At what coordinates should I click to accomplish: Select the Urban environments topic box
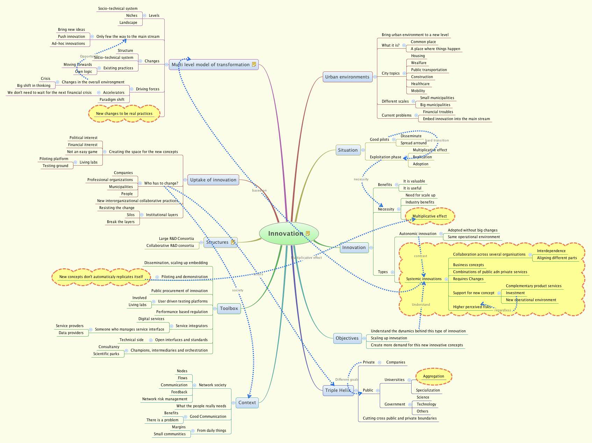click(x=347, y=77)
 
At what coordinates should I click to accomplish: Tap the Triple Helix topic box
click(x=338, y=390)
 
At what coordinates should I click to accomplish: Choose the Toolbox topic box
click(x=229, y=309)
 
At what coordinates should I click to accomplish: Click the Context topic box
click(x=247, y=403)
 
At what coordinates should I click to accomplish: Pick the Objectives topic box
click(x=347, y=338)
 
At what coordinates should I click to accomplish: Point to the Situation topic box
click(x=348, y=150)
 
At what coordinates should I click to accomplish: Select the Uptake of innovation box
click(x=213, y=180)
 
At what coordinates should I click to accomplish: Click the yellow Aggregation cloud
click(x=433, y=376)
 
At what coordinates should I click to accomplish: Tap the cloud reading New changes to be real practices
click(x=124, y=114)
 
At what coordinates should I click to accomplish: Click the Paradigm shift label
click(x=112, y=100)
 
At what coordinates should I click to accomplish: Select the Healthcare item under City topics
click(x=420, y=84)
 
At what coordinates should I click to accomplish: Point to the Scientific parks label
click(x=106, y=354)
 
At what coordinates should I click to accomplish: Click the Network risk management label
click(x=165, y=399)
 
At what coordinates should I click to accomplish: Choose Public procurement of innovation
click(x=179, y=291)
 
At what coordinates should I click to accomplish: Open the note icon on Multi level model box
click(x=254, y=64)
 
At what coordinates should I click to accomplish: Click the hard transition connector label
click(x=437, y=140)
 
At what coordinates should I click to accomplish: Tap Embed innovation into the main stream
click(x=456, y=119)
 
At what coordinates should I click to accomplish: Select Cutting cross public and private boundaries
click(x=399, y=418)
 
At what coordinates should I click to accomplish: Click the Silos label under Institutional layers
click(x=130, y=215)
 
